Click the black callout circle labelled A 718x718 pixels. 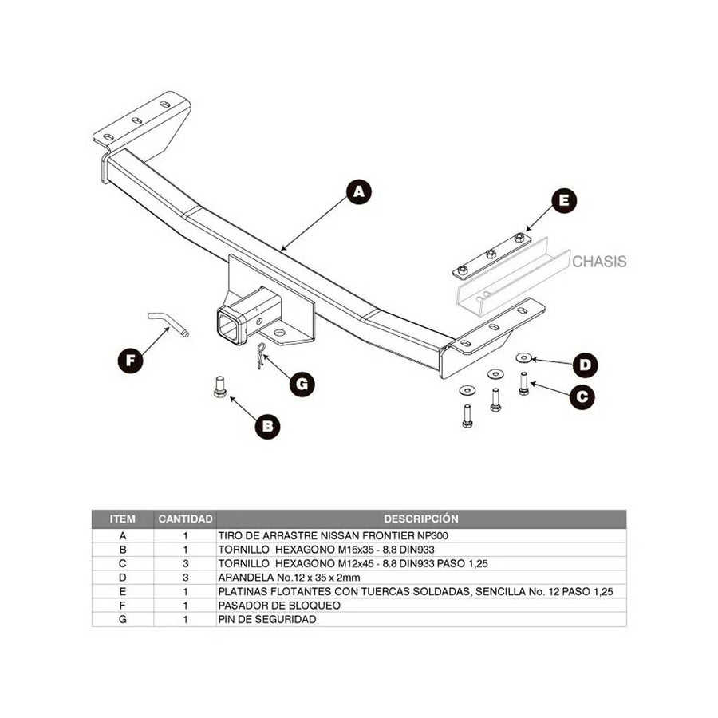point(359,192)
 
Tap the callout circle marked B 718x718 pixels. point(268,427)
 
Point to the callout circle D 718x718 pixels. point(586,366)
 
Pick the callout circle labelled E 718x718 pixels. point(564,202)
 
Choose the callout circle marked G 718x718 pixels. point(302,384)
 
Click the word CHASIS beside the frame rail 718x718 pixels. point(599,261)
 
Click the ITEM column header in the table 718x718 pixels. point(123,519)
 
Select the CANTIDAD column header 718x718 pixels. point(185,519)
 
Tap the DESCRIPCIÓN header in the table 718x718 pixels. point(420,519)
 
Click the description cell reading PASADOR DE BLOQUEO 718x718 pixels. point(279,606)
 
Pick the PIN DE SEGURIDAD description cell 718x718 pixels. point(267,619)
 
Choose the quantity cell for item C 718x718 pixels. point(185,563)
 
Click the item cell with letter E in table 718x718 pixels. point(123,591)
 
